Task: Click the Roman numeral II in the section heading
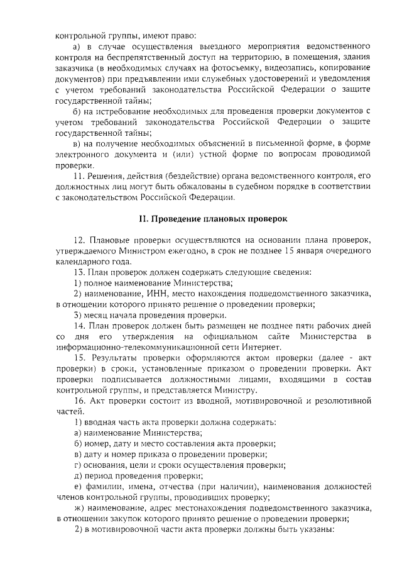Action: [143, 219]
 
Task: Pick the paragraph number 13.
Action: [80, 272]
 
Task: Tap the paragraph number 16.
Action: [80, 401]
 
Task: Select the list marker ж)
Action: [80, 508]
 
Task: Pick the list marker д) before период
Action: [79, 475]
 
